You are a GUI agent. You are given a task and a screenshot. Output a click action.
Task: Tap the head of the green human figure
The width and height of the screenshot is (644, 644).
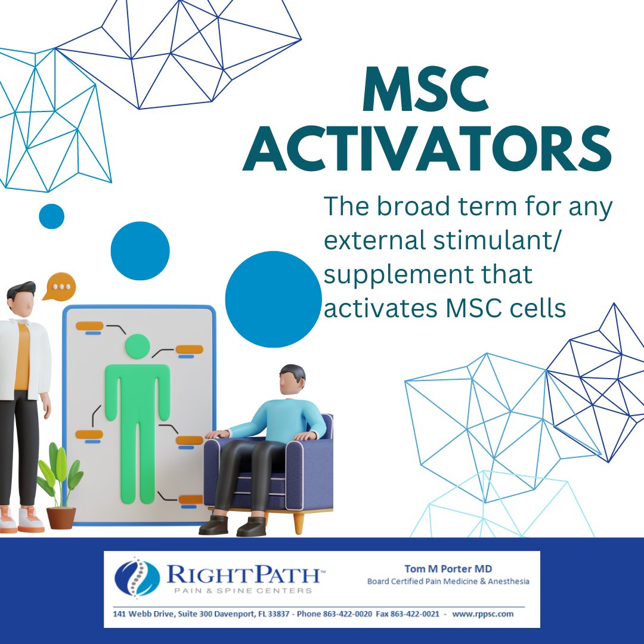(x=137, y=346)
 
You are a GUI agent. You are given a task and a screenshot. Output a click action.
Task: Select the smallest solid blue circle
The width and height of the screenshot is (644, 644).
(x=51, y=216)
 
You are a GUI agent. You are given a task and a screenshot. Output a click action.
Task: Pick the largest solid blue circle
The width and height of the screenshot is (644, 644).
(x=273, y=299)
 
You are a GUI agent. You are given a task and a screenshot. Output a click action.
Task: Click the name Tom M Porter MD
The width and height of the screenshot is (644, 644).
(x=448, y=569)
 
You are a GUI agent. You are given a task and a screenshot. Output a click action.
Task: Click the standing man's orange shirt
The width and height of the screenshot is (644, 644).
(x=22, y=358)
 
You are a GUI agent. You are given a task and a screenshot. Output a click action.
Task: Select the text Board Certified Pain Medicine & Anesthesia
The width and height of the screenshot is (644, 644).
(x=448, y=581)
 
